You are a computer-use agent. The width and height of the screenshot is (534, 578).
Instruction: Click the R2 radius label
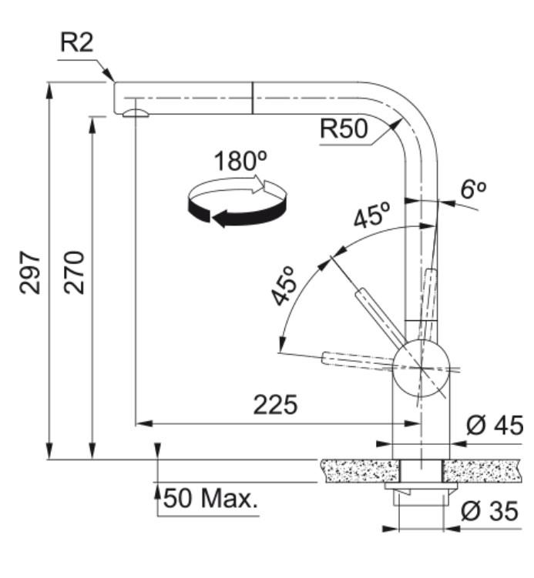[x=77, y=42]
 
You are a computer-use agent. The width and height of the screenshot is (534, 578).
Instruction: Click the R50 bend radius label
[x=344, y=129]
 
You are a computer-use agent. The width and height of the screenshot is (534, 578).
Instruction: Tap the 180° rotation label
[x=240, y=161]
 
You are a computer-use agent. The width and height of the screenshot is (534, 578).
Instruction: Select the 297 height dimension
[x=30, y=272]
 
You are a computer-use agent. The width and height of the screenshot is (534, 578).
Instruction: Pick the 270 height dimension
[x=74, y=272]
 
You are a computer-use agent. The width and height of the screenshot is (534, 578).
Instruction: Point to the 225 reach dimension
[x=275, y=404]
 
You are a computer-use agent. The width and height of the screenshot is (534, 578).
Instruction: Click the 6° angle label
[x=473, y=189]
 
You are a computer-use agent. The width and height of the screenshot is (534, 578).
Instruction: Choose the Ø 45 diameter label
[x=495, y=425]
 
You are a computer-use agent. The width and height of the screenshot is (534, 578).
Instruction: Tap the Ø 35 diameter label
[x=490, y=511]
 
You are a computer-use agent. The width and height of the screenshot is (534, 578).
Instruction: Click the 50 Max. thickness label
[x=210, y=498]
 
